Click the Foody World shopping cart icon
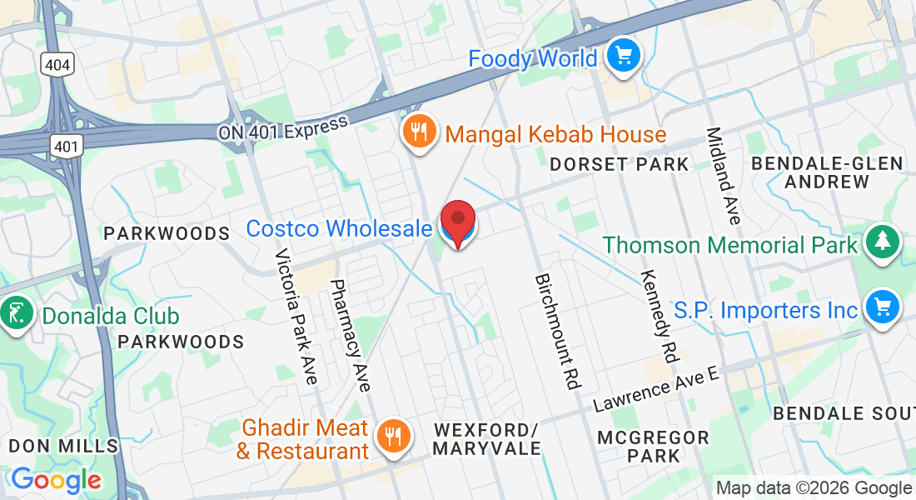pos(622,56)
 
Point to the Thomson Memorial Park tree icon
pos(879,242)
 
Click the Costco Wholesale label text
pos(340,228)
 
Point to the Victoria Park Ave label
pos(296,316)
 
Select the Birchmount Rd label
pos(557,331)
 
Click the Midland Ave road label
pos(723,175)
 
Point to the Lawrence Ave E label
pos(655,389)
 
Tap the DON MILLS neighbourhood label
pos(63,446)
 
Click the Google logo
pos(56,480)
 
